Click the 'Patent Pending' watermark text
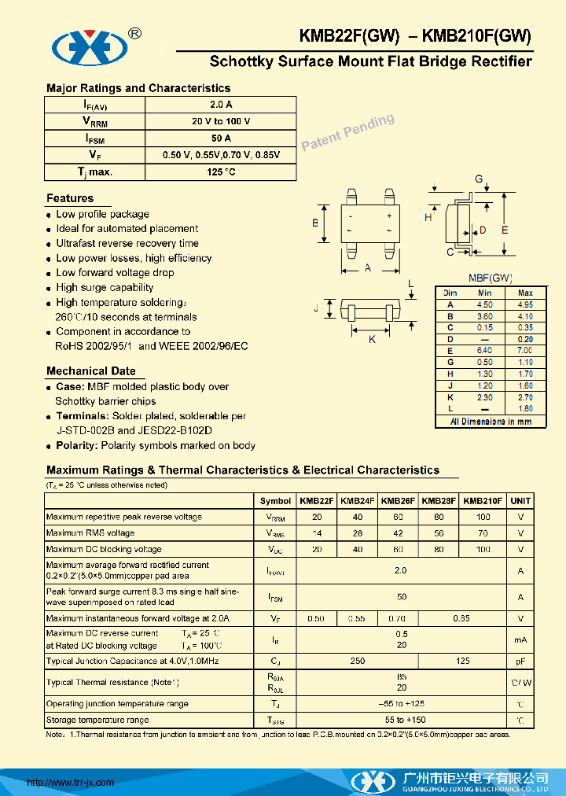click(x=347, y=131)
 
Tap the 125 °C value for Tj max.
click(x=221, y=171)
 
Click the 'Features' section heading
click(x=70, y=198)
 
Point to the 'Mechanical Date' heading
click(x=90, y=371)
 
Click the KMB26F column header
click(x=398, y=500)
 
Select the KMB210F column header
click(x=483, y=500)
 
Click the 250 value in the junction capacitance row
click(x=357, y=661)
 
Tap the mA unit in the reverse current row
click(x=520, y=639)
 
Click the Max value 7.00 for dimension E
click(x=525, y=350)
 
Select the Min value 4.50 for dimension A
click(x=485, y=304)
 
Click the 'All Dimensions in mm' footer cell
click(x=491, y=422)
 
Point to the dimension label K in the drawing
click(x=373, y=339)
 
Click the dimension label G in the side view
click(x=478, y=179)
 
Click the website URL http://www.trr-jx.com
click(x=71, y=782)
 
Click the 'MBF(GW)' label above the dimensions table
click(x=491, y=278)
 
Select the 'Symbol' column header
click(x=275, y=500)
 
